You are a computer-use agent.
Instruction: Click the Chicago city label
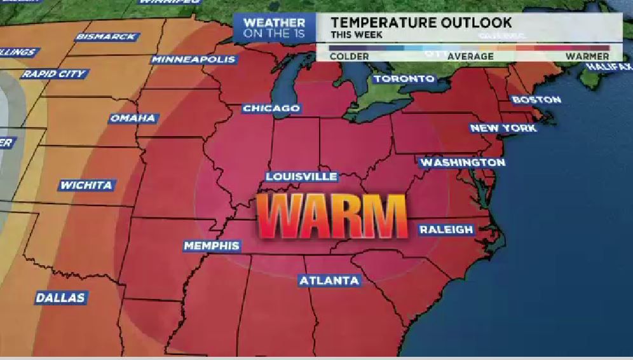point(271,109)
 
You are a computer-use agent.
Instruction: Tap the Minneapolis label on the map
point(193,60)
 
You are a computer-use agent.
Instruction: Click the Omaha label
point(132,118)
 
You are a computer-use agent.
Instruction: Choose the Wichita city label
point(86,186)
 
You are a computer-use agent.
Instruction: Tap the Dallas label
point(60,298)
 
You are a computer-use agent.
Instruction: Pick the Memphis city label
point(211,246)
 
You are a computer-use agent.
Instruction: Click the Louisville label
point(301,176)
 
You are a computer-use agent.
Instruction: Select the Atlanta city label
point(329,280)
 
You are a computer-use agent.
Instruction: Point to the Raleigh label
point(446,230)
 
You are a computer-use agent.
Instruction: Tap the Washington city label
point(463,163)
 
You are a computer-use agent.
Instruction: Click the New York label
point(503,128)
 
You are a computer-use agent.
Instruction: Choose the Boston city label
point(536,100)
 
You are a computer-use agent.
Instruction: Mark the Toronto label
point(404,79)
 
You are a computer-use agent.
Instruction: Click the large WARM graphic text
point(331,216)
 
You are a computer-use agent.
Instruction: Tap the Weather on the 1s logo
point(274,28)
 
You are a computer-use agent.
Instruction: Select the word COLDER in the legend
point(349,57)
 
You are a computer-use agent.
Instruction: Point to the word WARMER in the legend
point(587,57)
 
